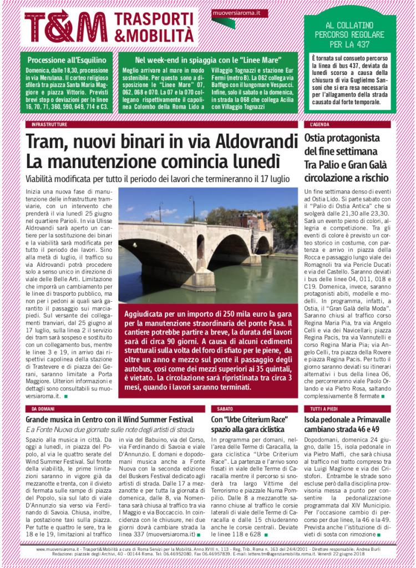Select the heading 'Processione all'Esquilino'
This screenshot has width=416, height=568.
[x=65, y=59]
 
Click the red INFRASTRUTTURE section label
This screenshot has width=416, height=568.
[x=50, y=125]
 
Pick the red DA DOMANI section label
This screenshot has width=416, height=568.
[x=42, y=409]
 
